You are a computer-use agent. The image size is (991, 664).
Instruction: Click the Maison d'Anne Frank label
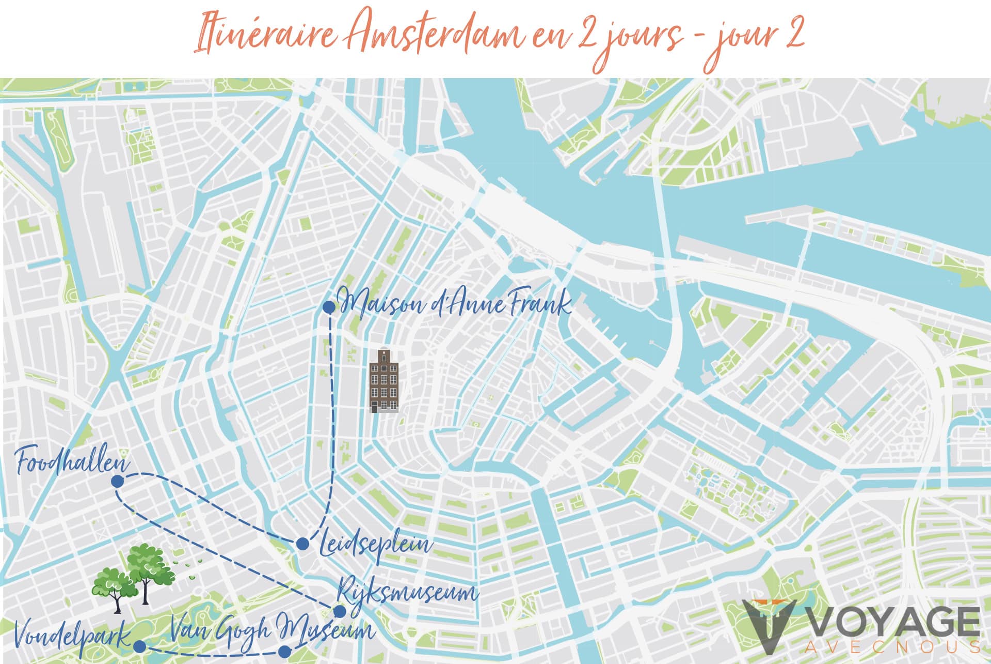click(454, 303)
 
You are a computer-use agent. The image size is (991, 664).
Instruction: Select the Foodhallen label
click(72, 461)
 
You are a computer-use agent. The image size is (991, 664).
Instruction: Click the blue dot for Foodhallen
click(117, 482)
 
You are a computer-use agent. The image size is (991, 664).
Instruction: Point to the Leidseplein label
click(376, 545)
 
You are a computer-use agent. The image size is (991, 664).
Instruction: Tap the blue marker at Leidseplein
click(303, 544)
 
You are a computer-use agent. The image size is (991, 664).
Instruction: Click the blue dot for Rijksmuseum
click(340, 612)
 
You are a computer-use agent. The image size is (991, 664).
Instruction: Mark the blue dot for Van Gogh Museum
click(284, 652)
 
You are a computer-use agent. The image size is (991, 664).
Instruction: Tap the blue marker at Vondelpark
click(139, 646)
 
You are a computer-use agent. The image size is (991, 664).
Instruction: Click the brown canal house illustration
click(385, 381)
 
